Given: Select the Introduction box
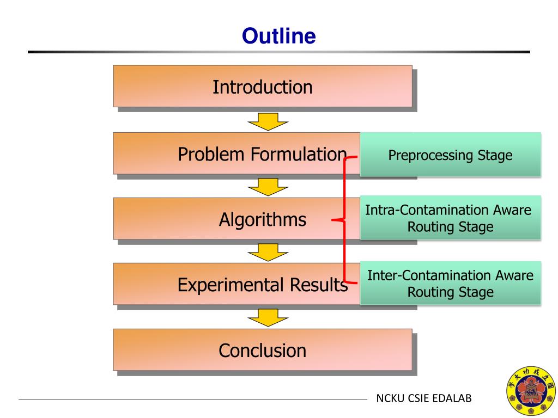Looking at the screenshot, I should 262,86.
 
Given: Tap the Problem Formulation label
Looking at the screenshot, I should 262,155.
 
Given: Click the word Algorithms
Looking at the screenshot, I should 262,220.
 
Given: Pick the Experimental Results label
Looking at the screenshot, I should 262,285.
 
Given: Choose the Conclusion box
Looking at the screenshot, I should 262,350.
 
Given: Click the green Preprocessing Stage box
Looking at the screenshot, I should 450,155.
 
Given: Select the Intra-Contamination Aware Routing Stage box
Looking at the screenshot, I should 450,218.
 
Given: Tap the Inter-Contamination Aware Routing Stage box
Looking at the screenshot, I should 450,284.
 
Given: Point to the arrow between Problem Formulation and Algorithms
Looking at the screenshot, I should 268,187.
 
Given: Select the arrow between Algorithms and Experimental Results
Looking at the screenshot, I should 268,252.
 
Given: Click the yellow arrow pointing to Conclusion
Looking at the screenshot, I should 268,317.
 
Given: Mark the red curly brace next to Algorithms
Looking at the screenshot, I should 344,220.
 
